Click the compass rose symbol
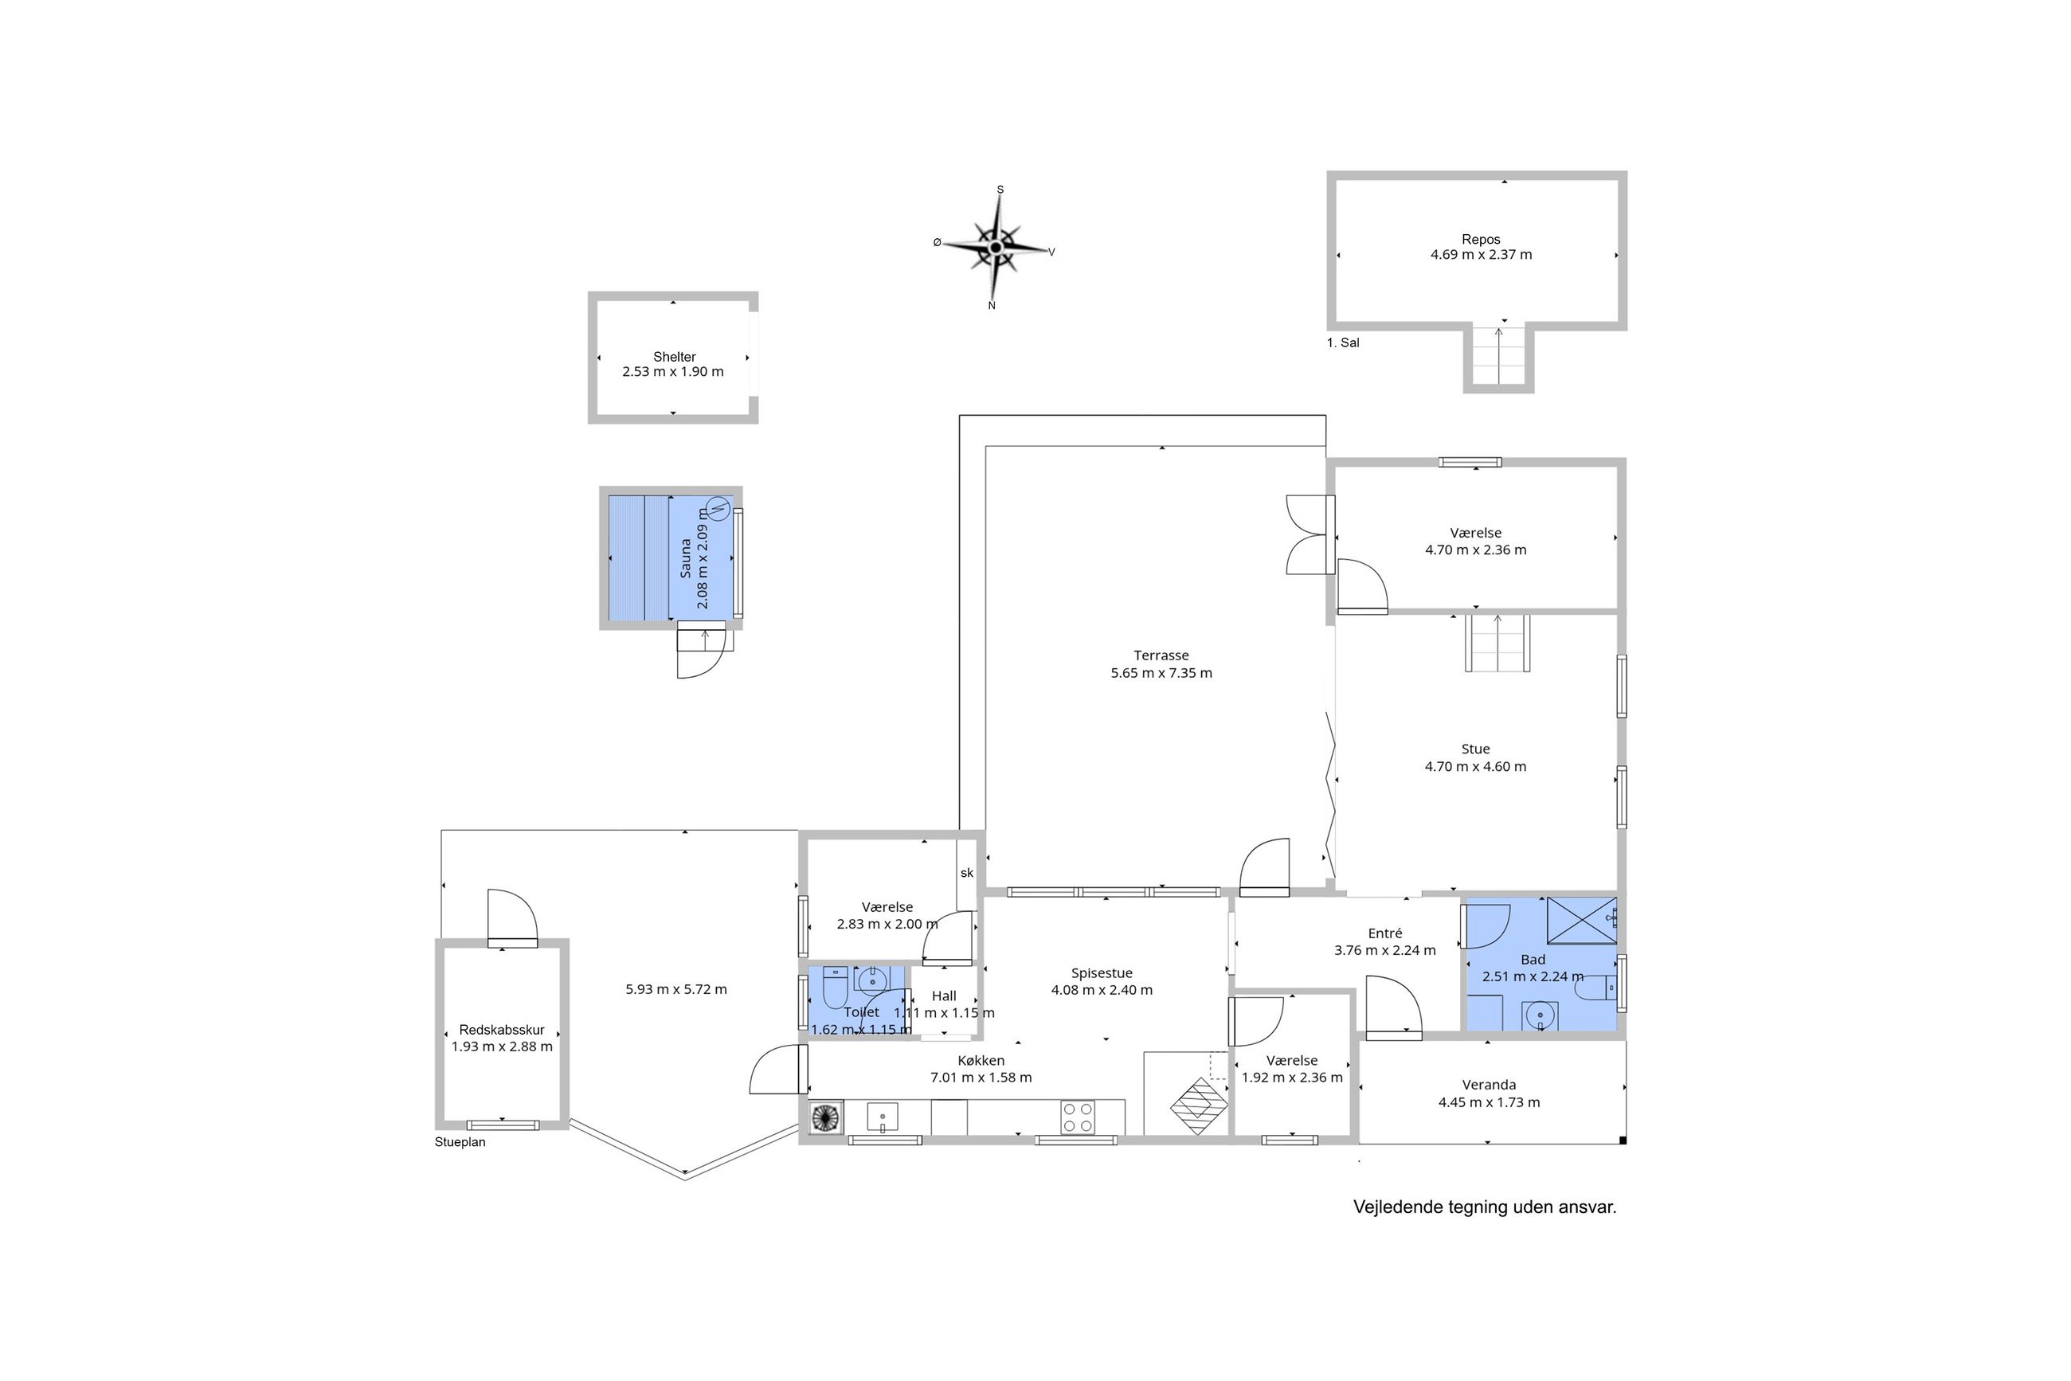996,248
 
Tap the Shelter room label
674,357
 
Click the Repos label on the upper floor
1481,239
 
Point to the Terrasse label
1161,655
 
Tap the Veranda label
1489,1085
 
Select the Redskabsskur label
502,1030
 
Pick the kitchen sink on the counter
882,1117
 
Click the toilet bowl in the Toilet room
834,988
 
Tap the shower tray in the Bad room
1581,921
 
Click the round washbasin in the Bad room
1540,1015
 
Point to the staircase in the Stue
1497,643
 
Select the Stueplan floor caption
460,1142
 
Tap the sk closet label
967,873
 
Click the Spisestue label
1101,973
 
